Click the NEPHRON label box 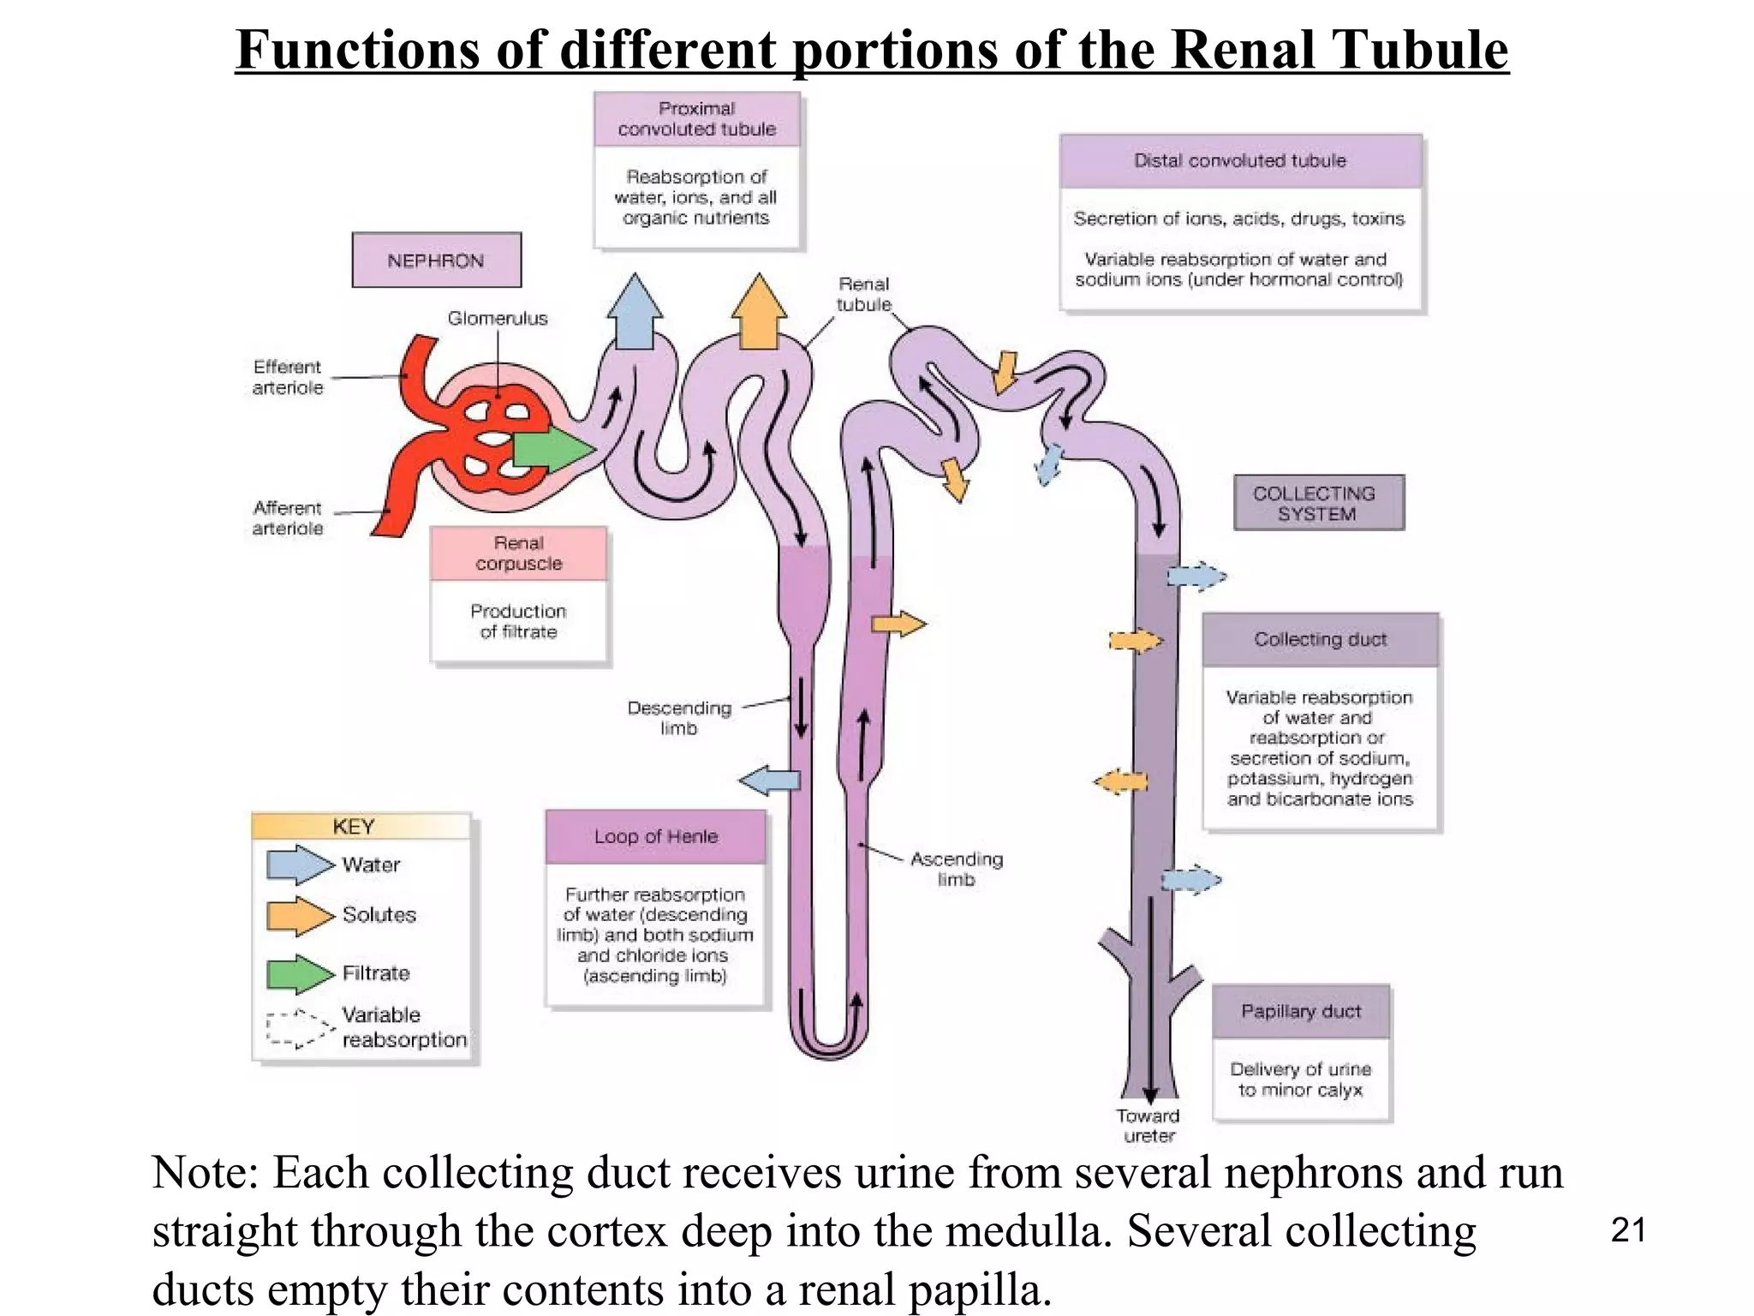(436, 260)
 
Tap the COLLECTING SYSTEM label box (1318, 503)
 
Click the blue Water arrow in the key (299, 864)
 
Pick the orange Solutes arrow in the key (299, 915)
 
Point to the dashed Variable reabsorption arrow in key (299, 1028)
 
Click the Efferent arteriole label (288, 377)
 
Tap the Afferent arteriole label (288, 518)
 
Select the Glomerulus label (498, 319)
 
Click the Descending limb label (679, 718)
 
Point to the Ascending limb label (956, 869)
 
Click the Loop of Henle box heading (656, 836)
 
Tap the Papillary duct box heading (1301, 1011)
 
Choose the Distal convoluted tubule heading (1240, 161)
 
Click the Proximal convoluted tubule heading (696, 119)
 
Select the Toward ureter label (1148, 1126)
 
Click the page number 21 (1628, 1230)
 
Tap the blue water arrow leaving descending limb (769, 781)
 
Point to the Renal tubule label (863, 294)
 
